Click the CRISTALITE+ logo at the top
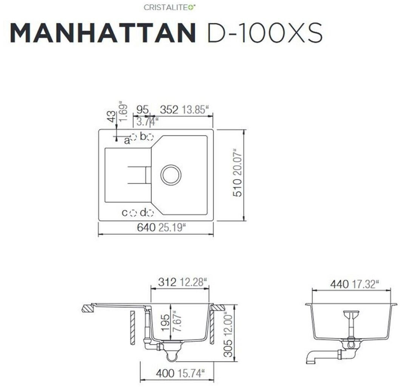click(169, 7)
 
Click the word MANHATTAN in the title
click(103, 33)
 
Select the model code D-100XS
click(265, 33)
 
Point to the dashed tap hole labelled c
click(133, 213)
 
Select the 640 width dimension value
click(146, 227)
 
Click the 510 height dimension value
click(238, 187)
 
